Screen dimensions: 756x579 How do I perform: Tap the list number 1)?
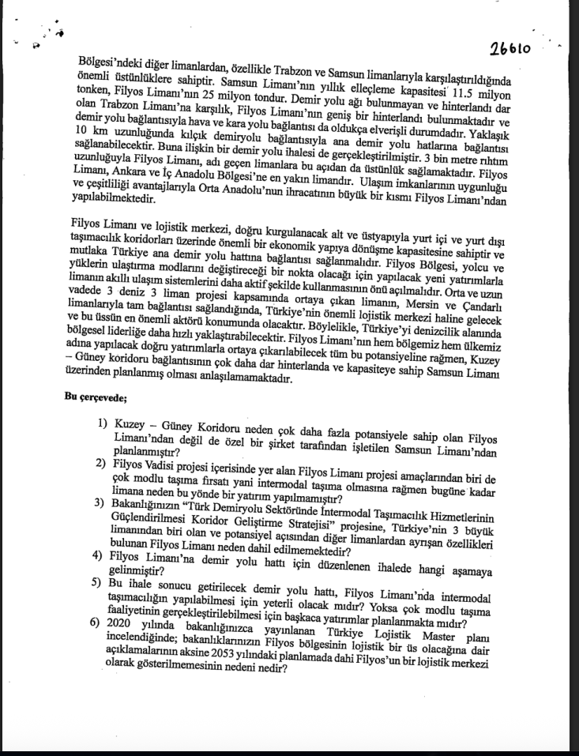pos(103,424)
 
